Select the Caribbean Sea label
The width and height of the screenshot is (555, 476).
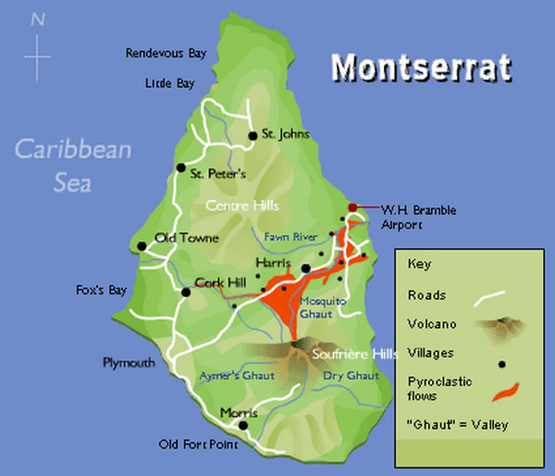[x=73, y=164]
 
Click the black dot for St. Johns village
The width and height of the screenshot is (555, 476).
[x=252, y=136]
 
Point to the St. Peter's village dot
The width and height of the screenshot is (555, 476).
[x=180, y=169]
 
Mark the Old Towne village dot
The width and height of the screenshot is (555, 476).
[x=142, y=246]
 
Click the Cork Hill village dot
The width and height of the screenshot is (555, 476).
[x=186, y=292]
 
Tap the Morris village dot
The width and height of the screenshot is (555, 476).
[x=243, y=426]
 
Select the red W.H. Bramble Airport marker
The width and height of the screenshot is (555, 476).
[x=351, y=207]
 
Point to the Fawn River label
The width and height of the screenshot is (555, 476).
[x=290, y=237]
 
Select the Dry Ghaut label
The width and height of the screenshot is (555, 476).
[x=351, y=375]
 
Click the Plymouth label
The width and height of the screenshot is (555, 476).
[x=129, y=362]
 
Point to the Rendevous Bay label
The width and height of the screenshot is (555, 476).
[x=166, y=54]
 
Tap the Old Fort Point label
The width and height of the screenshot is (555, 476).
[x=198, y=445]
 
